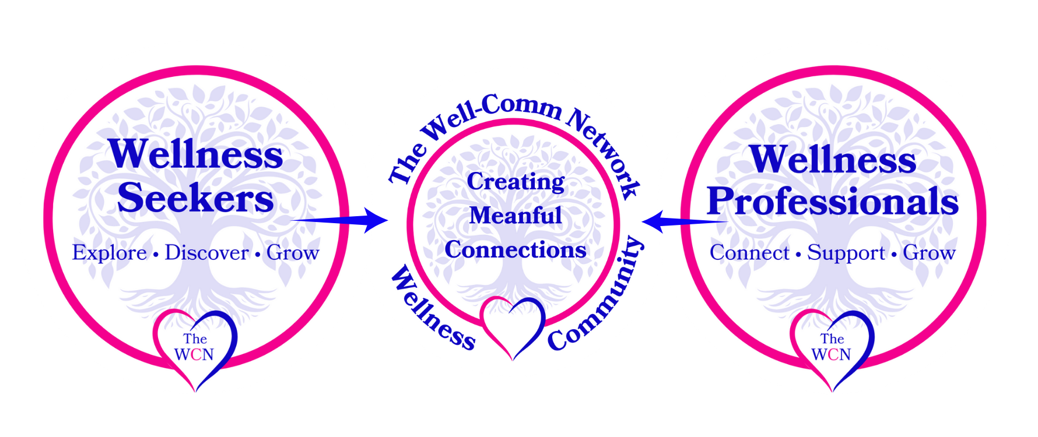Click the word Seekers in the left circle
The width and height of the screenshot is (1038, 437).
click(x=195, y=199)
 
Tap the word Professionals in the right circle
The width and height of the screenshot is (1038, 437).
click(x=833, y=202)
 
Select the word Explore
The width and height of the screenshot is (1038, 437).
click(x=109, y=253)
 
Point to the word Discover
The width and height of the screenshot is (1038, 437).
click(x=206, y=253)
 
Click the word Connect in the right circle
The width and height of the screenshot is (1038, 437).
click(x=749, y=253)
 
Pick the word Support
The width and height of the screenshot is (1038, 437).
click(x=846, y=253)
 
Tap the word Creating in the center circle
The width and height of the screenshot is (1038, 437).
click(x=516, y=182)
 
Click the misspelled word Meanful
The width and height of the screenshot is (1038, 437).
click(x=516, y=216)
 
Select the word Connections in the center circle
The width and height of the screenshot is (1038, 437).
click(x=516, y=250)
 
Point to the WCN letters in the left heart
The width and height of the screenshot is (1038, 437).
click(x=194, y=354)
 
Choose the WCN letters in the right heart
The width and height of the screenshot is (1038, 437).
click(x=831, y=354)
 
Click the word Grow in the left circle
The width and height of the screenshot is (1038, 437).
click(x=293, y=253)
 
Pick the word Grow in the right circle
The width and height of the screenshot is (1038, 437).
click(x=929, y=253)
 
